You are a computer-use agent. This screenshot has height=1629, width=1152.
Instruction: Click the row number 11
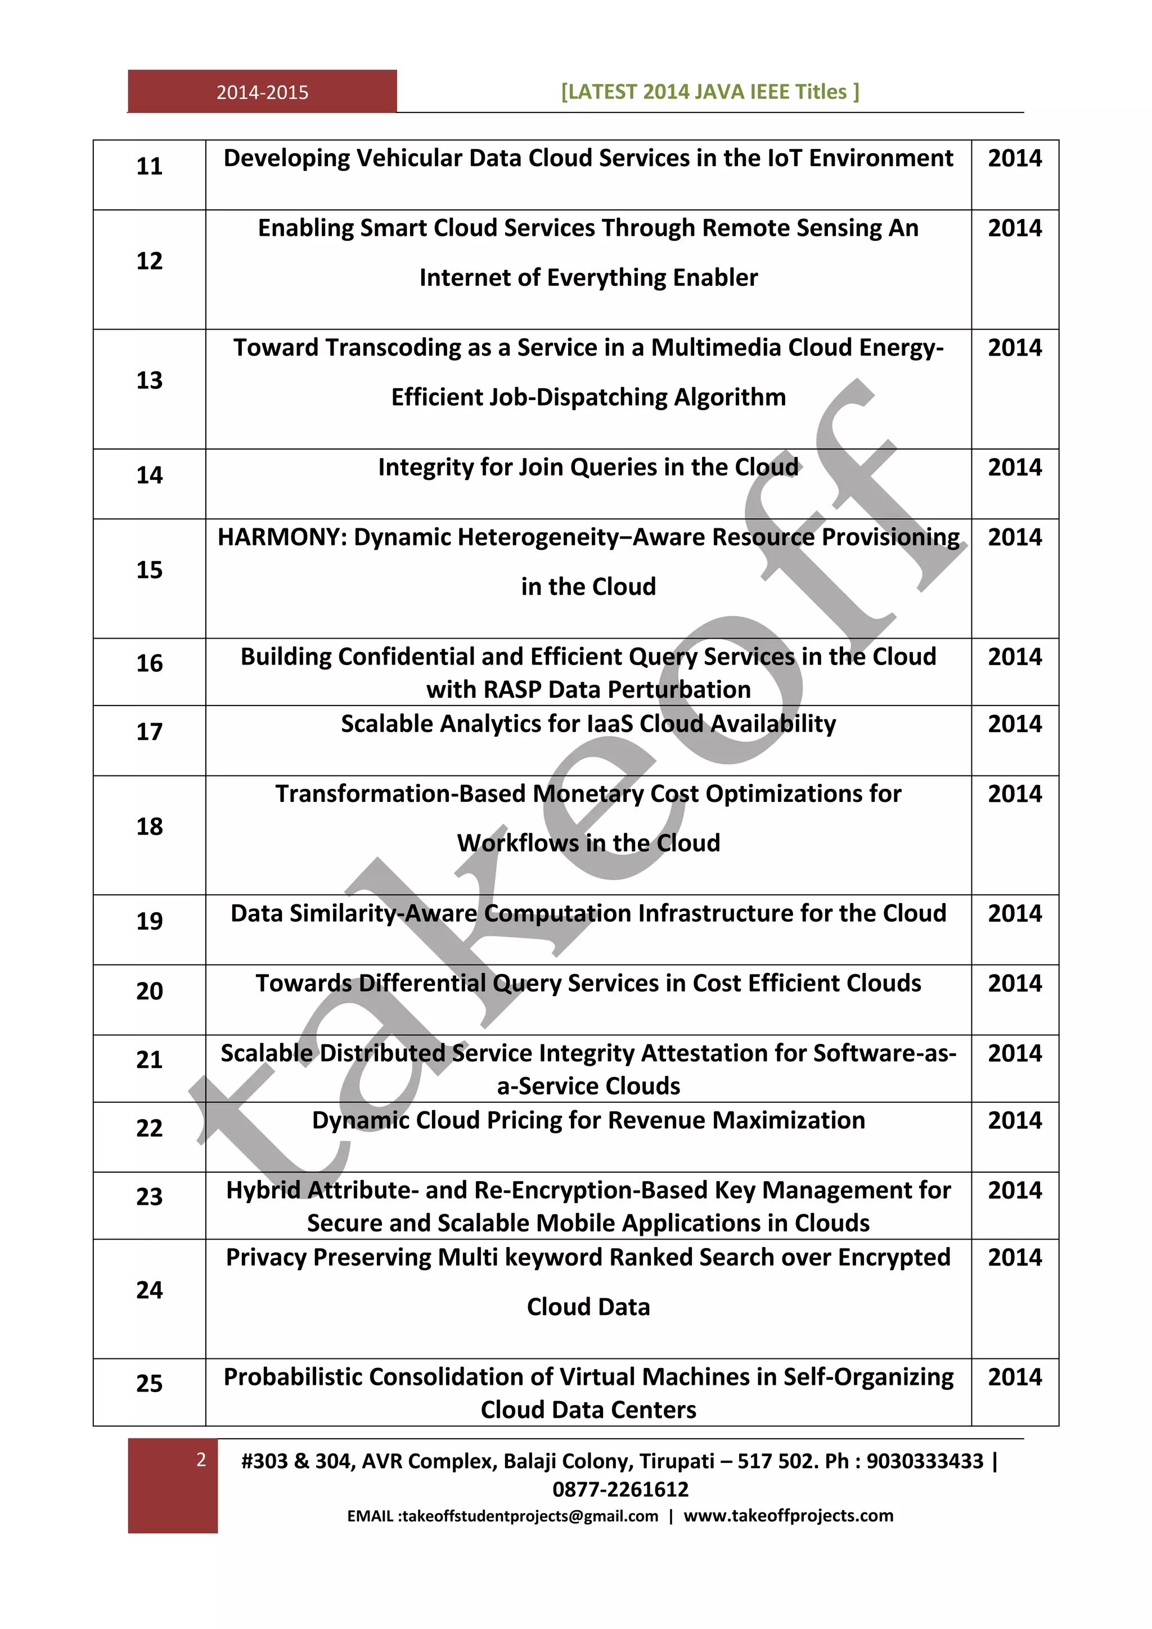pyautogui.click(x=149, y=166)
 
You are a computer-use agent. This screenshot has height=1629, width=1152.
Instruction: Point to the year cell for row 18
pyautogui.click(x=1014, y=793)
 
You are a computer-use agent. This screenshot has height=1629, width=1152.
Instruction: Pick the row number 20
pyautogui.click(x=149, y=990)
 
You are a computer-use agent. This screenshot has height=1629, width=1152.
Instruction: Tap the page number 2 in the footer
pyautogui.click(x=201, y=1460)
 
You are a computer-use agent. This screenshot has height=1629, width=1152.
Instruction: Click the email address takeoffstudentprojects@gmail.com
pyautogui.click(x=530, y=1516)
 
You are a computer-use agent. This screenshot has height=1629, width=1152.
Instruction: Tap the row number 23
pyautogui.click(x=149, y=1196)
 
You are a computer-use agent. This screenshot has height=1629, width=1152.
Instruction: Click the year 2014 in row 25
pyautogui.click(x=1014, y=1376)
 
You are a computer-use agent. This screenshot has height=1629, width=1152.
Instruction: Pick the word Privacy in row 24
pyautogui.click(x=266, y=1257)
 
